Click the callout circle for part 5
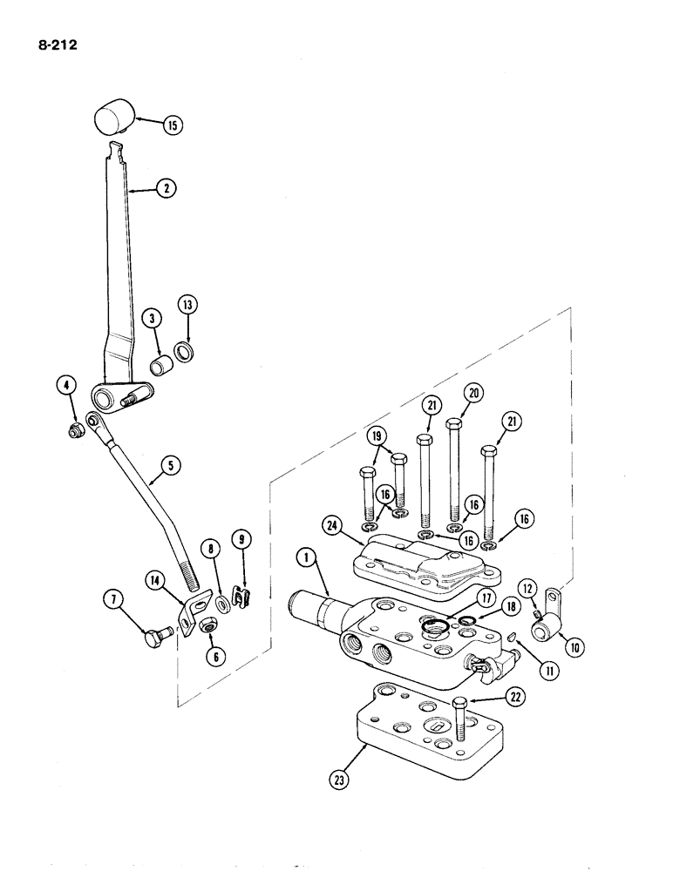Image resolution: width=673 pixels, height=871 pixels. point(170,466)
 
